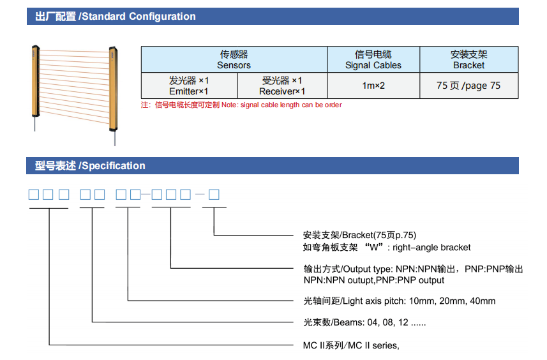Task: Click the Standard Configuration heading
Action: point(116,17)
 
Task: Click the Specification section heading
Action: point(90,166)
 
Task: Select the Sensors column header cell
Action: point(234,59)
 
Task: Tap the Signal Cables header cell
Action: point(373,59)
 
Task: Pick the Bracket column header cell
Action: point(468,59)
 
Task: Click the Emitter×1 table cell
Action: point(189,86)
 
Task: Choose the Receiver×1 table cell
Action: point(282,86)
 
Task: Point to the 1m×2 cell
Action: point(373,86)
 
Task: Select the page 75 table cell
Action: point(468,86)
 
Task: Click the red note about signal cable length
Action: point(241,105)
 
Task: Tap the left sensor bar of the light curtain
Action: point(36,80)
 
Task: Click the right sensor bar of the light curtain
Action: point(114,86)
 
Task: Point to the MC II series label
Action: point(351,345)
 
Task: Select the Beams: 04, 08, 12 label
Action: point(364,322)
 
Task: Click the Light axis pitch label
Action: point(400,301)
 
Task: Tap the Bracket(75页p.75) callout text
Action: point(364,235)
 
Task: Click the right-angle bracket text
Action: point(387,247)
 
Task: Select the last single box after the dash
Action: point(214,194)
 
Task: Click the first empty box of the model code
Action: point(34,194)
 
